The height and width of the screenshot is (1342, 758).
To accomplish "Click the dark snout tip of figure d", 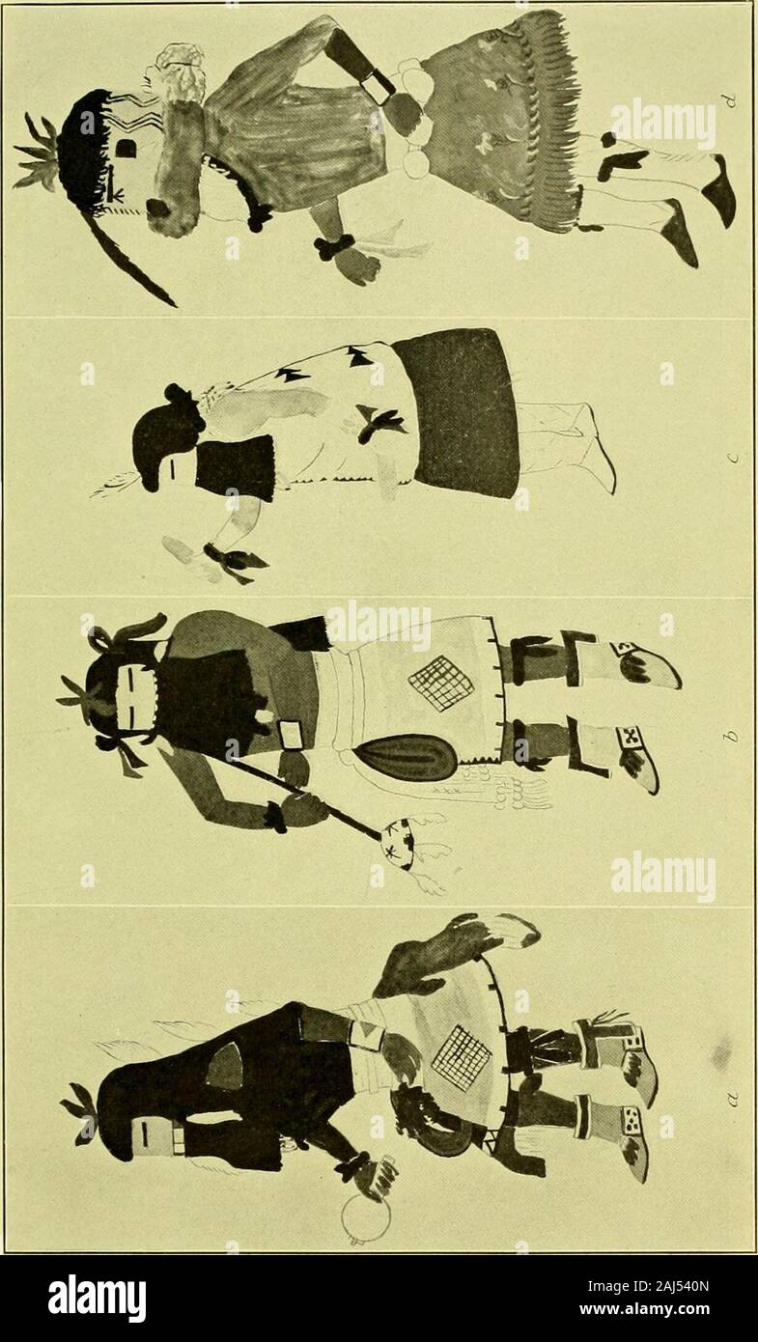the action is pyautogui.click(x=157, y=208).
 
